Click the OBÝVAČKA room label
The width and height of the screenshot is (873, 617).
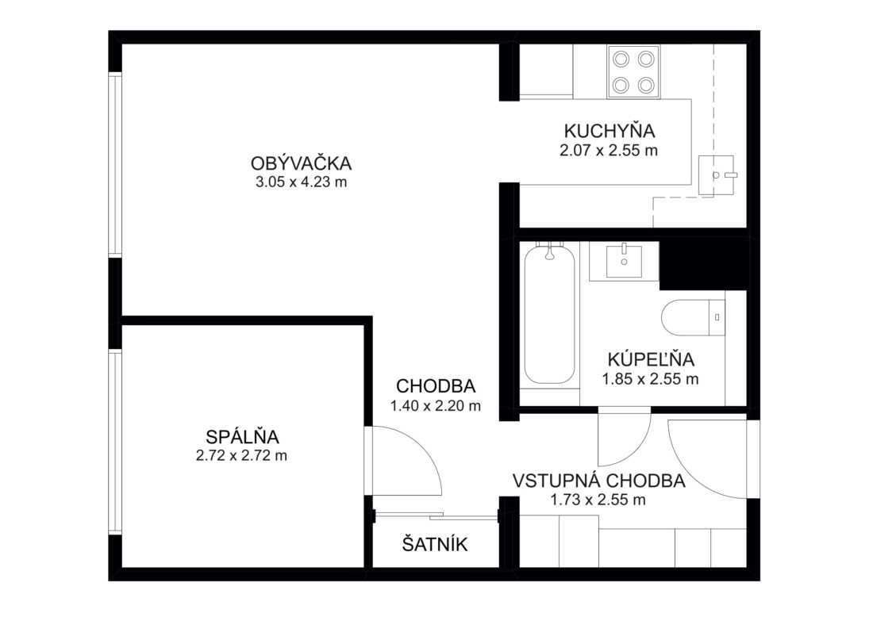pos(302,163)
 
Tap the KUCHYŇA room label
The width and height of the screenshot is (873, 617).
pos(609,131)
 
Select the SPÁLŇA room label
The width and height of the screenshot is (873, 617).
pos(242,436)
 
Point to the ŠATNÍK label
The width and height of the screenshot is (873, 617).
pos(435,544)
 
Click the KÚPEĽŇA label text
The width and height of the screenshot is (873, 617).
pos(651,358)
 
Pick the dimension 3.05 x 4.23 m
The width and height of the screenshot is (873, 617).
pos(302,182)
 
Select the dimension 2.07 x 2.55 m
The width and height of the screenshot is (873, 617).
pos(609,150)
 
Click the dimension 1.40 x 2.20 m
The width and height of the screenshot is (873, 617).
pos(436,406)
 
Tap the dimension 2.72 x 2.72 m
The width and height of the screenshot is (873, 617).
pos(241,456)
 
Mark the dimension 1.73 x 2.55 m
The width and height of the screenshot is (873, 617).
pos(598,500)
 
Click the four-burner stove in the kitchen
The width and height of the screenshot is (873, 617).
pos(633,72)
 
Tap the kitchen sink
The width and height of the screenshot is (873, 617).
pos(717,175)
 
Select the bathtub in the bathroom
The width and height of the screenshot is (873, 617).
pos(549,314)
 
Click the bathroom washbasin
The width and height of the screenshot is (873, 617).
pos(624,261)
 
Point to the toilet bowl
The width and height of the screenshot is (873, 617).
pos(693,318)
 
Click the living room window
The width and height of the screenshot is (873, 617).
pos(115,164)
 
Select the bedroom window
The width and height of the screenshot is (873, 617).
pos(115,442)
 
